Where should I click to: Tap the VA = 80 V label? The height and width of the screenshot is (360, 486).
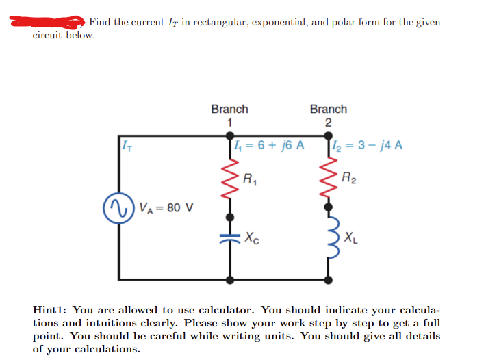click(166, 206)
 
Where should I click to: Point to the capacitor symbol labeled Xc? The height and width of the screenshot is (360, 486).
click(229, 240)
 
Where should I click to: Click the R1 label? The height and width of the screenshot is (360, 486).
click(252, 181)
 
